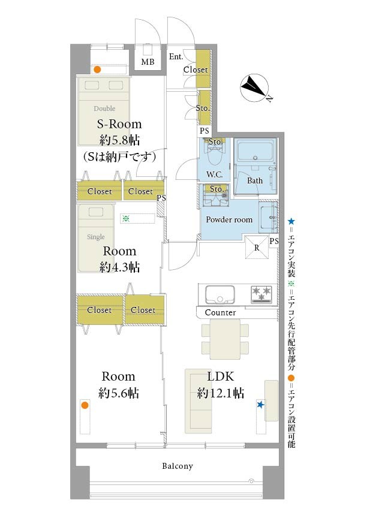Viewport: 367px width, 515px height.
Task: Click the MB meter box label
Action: (148, 62)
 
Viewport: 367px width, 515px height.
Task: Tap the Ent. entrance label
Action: (176, 56)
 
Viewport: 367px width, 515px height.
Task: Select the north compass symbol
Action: (255, 88)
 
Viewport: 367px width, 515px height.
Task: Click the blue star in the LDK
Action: (260, 405)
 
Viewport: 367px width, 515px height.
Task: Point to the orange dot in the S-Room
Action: (97, 70)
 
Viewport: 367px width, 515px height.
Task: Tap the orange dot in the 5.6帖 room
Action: (85, 405)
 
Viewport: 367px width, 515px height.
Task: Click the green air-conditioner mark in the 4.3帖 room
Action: (126, 218)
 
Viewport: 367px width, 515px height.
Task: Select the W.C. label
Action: (214, 174)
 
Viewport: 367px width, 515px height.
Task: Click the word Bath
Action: (255, 180)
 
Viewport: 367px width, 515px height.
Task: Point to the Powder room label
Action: (229, 219)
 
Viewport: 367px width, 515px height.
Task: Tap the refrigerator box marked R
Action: (257, 248)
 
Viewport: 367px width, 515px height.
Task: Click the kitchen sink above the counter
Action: (220, 294)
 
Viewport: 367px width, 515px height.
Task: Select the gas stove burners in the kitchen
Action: (261, 294)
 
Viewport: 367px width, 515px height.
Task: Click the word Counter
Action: (220, 312)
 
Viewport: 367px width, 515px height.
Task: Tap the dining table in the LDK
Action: (225, 339)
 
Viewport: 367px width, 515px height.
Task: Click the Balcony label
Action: (178, 466)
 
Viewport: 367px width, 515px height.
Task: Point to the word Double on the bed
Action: (104, 109)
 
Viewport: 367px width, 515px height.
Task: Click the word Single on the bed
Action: (95, 237)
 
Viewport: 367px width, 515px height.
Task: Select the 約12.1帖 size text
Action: (221, 393)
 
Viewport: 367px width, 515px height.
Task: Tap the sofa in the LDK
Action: (198, 401)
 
